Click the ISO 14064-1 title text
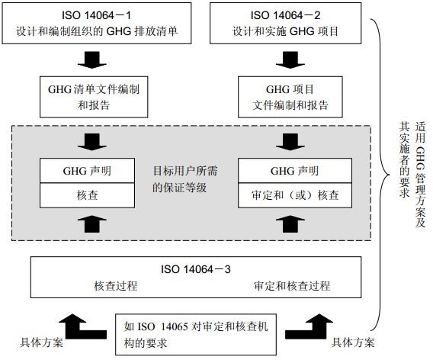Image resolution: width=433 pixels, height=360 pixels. click(96, 15)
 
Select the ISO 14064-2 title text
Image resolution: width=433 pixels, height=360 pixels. click(286, 15)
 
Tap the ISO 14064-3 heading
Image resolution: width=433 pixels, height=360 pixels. click(196, 269)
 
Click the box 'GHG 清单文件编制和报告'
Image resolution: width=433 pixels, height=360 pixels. click(94, 97)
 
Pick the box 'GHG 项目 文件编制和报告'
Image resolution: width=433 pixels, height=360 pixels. click(290, 97)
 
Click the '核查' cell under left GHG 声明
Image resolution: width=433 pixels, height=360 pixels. click(87, 195)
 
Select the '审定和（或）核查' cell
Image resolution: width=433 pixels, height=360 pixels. click(295, 195)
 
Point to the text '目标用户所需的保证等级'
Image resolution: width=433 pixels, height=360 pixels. click(185, 179)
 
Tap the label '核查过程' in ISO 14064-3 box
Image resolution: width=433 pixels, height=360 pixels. click(116, 286)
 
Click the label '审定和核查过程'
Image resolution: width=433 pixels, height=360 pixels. click(292, 286)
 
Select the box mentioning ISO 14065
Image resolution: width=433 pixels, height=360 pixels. click(196, 334)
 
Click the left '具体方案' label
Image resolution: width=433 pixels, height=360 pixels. click(41, 343)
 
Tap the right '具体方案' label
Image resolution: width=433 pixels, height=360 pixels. click(353, 343)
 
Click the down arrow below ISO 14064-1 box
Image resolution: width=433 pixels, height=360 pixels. click(92, 60)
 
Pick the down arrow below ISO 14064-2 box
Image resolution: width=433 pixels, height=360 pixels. click(290, 60)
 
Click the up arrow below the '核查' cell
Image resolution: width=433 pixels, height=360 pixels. click(92, 224)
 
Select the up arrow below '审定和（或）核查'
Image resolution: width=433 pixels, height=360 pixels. click(290, 224)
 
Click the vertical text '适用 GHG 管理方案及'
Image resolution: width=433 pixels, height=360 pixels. click(420, 175)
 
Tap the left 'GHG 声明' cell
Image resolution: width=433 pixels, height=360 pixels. click(87, 171)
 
